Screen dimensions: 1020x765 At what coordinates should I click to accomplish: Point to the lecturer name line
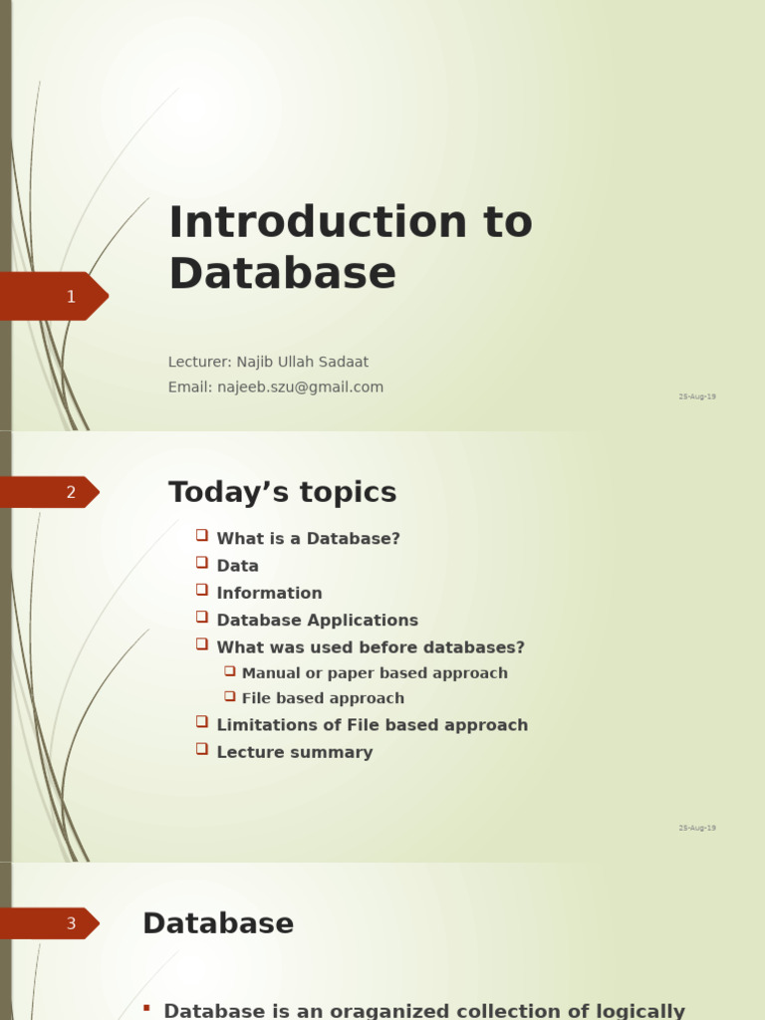click(268, 362)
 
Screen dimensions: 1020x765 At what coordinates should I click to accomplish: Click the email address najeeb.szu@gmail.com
click(300, 387)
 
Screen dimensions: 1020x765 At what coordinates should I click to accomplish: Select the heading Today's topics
click(282, 492)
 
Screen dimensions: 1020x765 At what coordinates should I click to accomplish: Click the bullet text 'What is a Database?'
click(308, 539)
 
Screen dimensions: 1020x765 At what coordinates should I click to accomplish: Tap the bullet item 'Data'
click(237, 566)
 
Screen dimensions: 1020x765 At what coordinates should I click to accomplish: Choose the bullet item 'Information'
click(269, 593)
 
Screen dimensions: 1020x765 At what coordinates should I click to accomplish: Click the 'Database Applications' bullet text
click(317, 620)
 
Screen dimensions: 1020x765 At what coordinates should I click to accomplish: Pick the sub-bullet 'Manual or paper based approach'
click(375, 673)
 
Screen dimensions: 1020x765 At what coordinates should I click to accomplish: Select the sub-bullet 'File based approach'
click(323, 698)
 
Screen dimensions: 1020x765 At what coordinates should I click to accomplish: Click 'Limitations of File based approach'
click(372, 725)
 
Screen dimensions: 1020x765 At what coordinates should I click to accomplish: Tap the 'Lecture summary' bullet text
click(294, 752)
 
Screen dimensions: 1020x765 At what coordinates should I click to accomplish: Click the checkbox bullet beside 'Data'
click(202, 563)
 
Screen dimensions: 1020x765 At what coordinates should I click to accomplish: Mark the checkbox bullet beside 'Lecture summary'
click(202, 749)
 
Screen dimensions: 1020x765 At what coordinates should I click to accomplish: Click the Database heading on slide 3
click(218, 923)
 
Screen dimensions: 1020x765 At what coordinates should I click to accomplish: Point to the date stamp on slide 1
click(697, 396)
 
